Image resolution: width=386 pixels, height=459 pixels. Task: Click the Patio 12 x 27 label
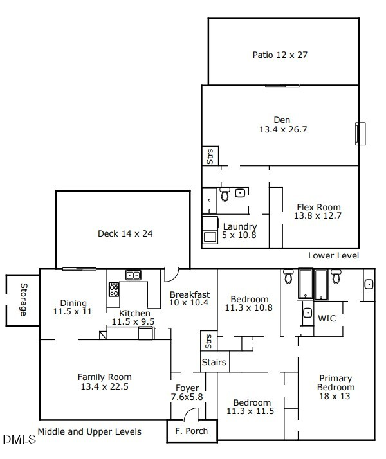[280, 55]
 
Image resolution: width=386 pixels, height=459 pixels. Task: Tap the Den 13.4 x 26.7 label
[282, 125]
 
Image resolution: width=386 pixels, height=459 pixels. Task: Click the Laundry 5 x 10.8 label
[239, 231]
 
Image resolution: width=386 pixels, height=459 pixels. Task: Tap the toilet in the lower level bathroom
[225, 194]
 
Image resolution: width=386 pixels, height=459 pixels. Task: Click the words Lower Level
[333, 255]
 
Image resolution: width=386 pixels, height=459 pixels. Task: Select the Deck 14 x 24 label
[125, 233]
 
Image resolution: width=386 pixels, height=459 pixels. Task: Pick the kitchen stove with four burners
[114, 289]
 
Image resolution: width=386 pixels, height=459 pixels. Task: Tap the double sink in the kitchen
[133, 275]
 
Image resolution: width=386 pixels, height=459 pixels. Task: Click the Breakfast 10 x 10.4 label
[189, 298]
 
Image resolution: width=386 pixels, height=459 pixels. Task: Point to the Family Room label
[104, 382]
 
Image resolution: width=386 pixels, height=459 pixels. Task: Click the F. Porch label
[192, 431]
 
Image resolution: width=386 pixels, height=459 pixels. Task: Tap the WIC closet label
[327, 318]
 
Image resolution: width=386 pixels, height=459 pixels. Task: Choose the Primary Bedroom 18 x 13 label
[335, 388]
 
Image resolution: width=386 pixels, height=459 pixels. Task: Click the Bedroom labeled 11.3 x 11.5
[250, 407]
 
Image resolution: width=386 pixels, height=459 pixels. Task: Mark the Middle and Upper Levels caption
[89, 431]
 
